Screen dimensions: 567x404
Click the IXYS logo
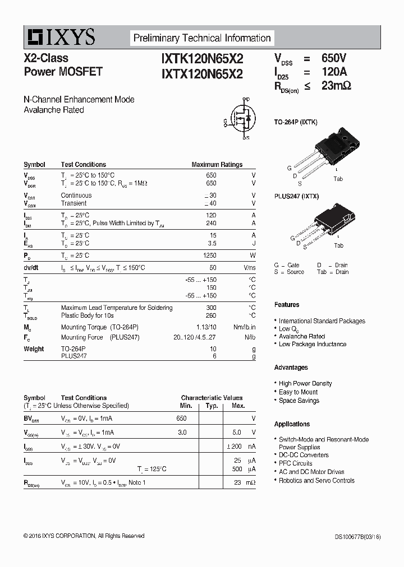pyautogui.click(x=59, y=38)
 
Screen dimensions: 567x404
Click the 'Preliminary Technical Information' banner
pyautogui.click(x=202, y=38)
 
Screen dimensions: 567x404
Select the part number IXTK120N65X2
pyautogui.click(x=202, y=59)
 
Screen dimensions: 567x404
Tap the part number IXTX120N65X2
pyautogui.click(x=202, y=73)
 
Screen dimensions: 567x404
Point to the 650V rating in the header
pyautogui.click(x=334, y=58)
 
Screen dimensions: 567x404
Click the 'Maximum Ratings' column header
pyautogui.click(x=217, y=165)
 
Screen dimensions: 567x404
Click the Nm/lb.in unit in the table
pyautogui.click(x=244, y=327)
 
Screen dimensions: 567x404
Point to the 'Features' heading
pyautogui.click(x=287, y=305)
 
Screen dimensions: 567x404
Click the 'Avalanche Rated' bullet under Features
pyautogui.click(x=302, y=336)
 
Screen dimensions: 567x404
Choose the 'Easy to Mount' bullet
pyautogui.click(x=298, y=392)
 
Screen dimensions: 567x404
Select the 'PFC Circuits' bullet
pyautogui.click(x=295, y=463)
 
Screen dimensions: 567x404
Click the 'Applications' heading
pyautogui.click(x=292, y=424)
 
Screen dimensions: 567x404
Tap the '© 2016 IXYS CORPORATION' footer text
pyautogui.click(x=84, y=536)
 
